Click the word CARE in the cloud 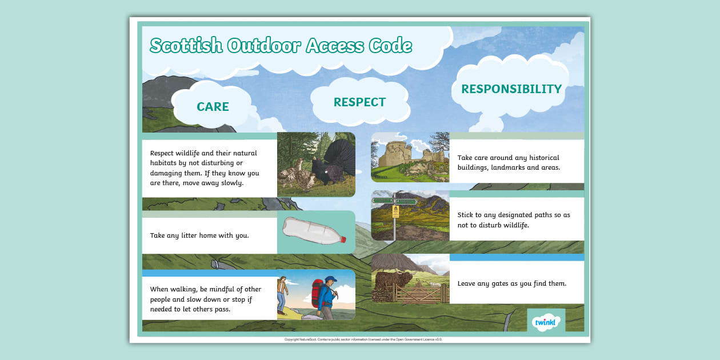click(213, 107)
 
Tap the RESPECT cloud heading click(359, 102)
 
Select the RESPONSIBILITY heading click(511, 89)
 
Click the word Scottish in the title click(186, 46)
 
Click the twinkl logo click(546, 322)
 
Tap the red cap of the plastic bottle click(343, 239)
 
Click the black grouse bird click(322, 165)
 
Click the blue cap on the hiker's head click(330, 280)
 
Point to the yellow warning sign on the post click(395, 212)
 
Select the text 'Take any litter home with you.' click(199, 235)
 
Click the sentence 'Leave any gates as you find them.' click(511, 283)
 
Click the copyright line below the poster click(363, 339)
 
